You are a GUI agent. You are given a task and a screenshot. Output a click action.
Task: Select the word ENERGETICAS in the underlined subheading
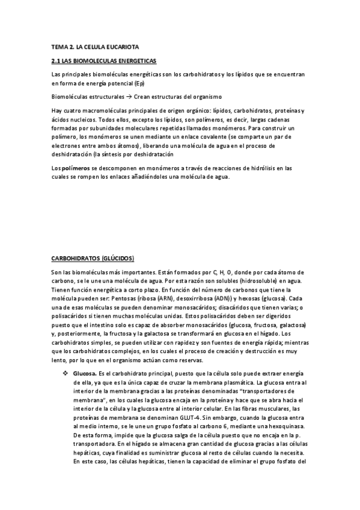pos(135,61)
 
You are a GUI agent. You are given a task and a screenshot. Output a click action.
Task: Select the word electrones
pos(68,146)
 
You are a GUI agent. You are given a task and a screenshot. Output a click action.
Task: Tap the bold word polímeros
pos(75,168)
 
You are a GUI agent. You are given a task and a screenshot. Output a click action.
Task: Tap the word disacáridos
pos(236,307)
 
